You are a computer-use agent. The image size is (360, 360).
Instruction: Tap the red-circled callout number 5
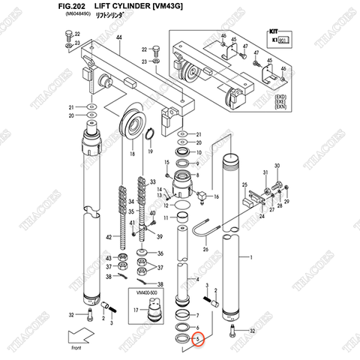coord(197,338)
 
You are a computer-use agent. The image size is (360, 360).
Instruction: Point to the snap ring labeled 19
coord(152,135)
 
